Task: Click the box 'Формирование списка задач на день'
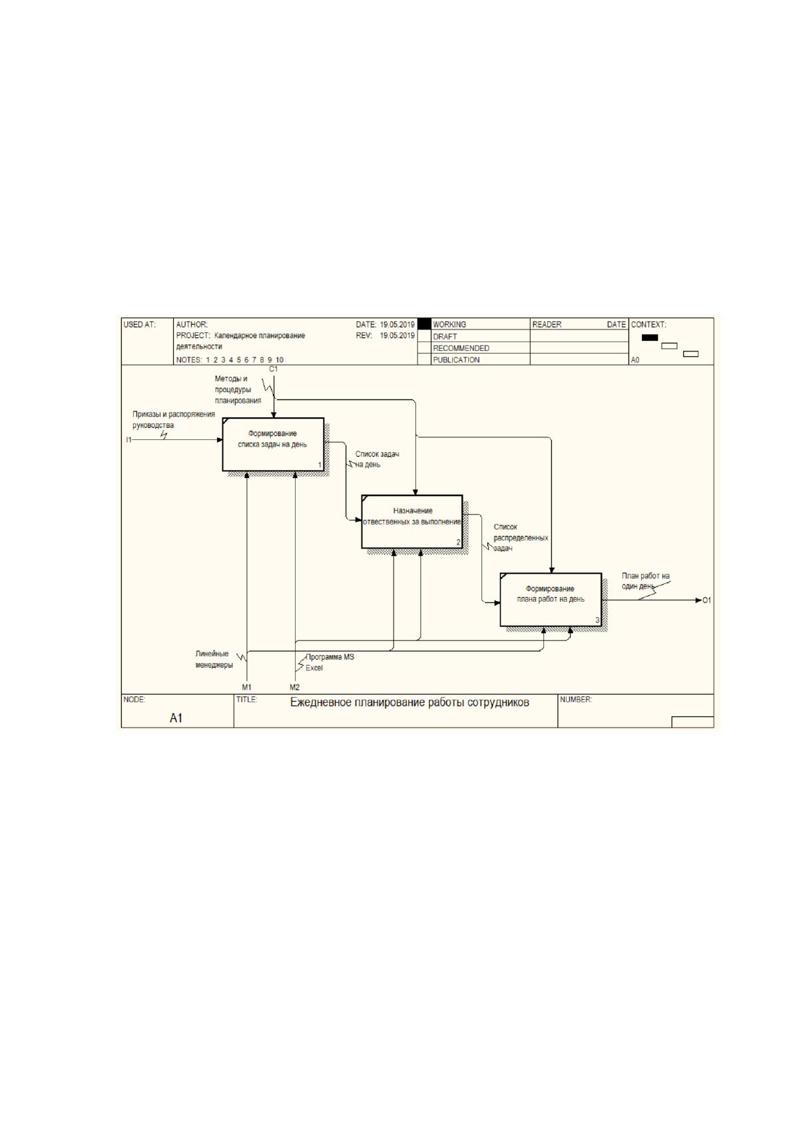pos(273,444)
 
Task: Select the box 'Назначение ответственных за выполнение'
pos(411,521)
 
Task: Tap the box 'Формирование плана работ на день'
pos(551,599)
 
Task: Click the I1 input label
pos(129,440)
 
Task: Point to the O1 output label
pos(706,600)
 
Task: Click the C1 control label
pos(274,369)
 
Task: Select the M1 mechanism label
pos(247,687)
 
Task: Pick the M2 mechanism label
pos(294,687)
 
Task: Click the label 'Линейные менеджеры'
pos(214,659)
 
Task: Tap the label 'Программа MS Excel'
pos(330,662)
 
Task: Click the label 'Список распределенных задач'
pos(521,537)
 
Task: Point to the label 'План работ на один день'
pos(645,580)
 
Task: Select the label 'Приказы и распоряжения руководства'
pos(174,419)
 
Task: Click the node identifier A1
pos(176,718)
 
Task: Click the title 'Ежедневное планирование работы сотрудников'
pos(409,703)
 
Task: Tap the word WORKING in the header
pos(449,324)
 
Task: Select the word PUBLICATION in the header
pos(456,360)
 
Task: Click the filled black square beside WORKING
pos(424,324)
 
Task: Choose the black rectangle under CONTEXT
pos(650,337)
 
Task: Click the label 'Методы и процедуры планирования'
pos(238,389)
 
